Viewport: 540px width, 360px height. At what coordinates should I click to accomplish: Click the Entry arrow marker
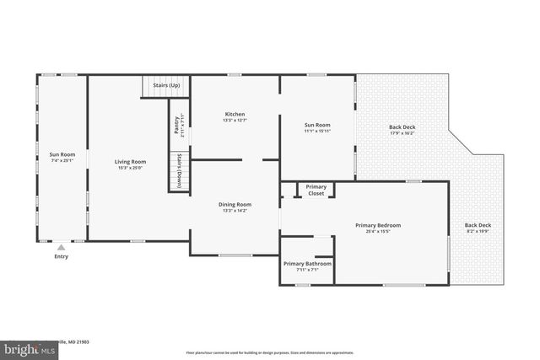tap(61, 248)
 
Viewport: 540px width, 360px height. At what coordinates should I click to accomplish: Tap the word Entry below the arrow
tap(61, 256)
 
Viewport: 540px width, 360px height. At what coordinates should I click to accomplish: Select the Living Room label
tap(131, 162)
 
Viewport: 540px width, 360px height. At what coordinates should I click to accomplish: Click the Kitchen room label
tap(235, 114)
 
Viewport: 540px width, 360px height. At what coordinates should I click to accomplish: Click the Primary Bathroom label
tap(307, 264)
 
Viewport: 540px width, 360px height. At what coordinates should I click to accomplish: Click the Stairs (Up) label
tap(165, 85)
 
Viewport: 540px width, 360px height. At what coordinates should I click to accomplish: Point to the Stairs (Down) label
tap(179, 172)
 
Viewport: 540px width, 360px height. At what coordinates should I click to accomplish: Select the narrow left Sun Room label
tap(62, 154)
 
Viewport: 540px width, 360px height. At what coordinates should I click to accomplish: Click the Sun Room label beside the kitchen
tap(317, 126)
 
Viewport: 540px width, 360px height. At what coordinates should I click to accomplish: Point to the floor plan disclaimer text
tap(270, 352)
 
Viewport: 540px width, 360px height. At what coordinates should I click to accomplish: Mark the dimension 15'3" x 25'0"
tap(131, 168)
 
